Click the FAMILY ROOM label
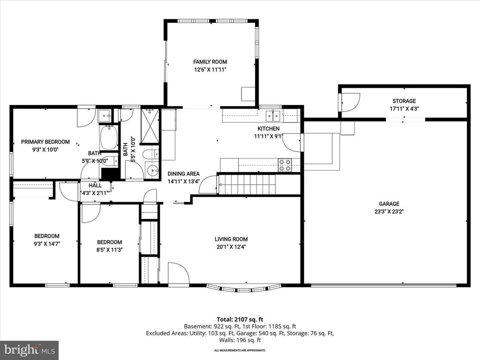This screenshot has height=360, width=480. click(210, 61)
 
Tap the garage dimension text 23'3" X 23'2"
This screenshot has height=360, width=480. click(389, 211)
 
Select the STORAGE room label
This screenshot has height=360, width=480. click(404, 101)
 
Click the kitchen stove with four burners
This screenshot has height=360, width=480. click(285, 165)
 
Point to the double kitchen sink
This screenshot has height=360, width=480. click(273, 115)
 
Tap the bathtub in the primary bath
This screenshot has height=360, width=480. click(108, 137)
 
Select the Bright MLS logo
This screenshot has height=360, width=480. click(29, 350)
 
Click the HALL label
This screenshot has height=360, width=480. click(95, 186)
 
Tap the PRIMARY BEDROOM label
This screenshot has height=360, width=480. click(45, 142)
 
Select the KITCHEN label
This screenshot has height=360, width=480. click(269, 128)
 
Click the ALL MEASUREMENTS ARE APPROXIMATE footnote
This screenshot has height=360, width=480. click(240, 350)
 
